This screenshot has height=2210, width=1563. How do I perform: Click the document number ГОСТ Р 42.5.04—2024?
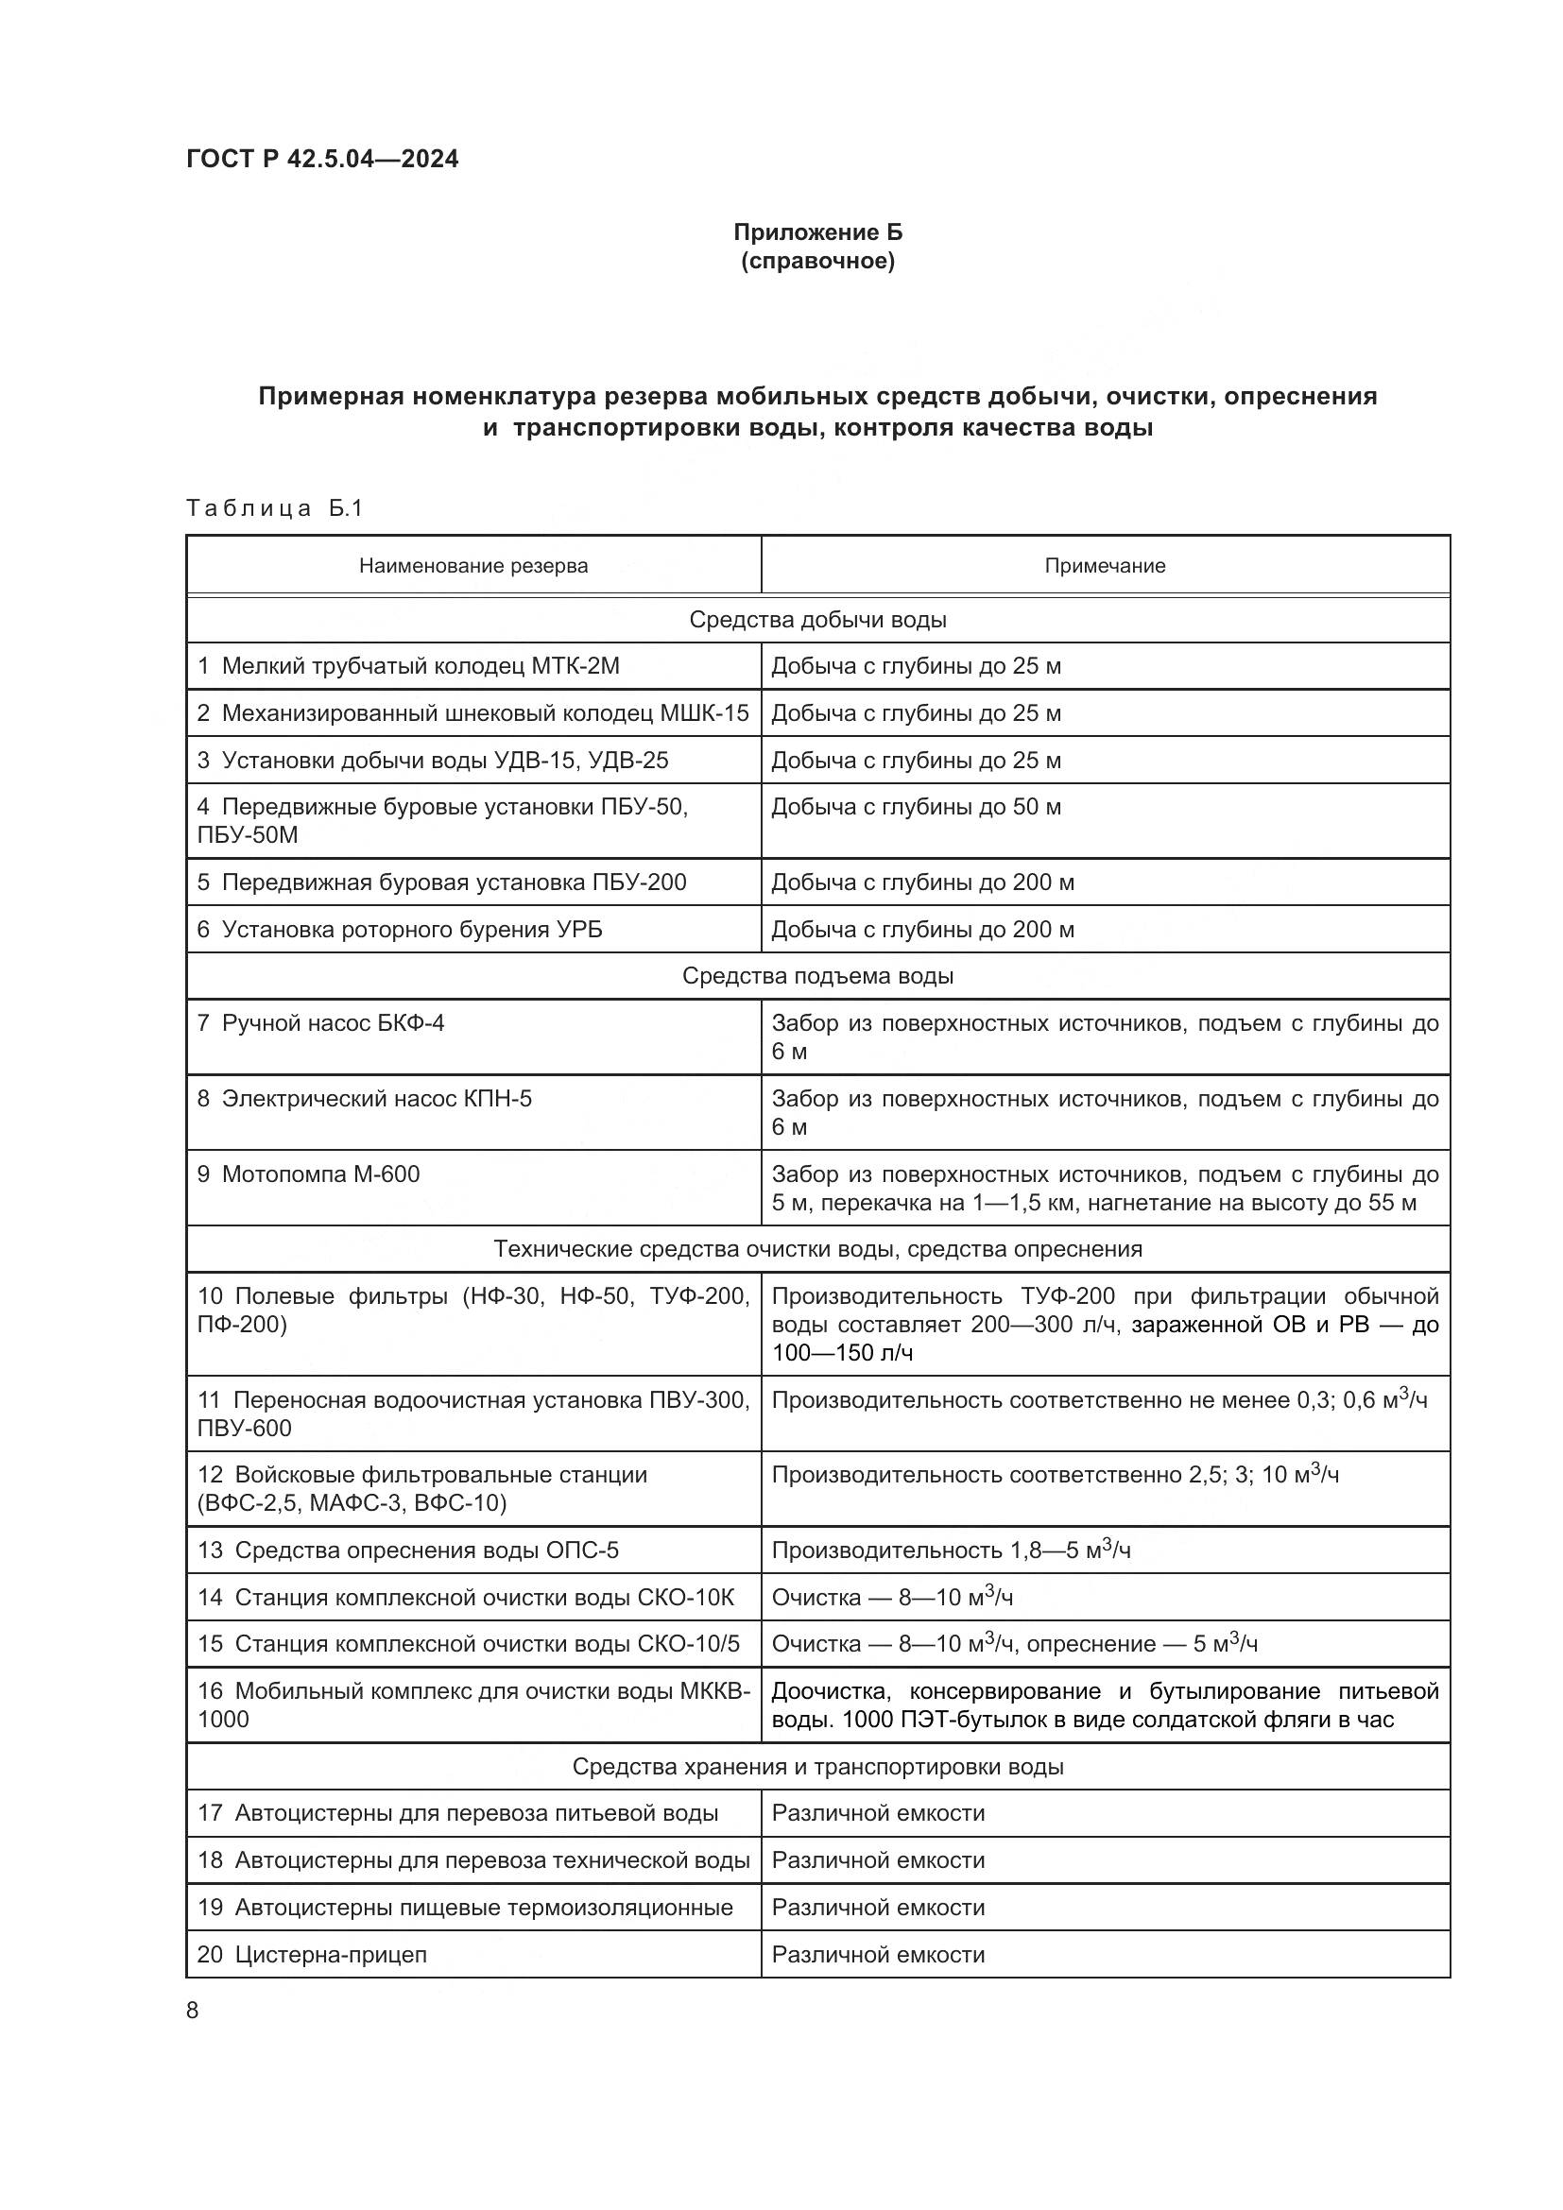[322, 159]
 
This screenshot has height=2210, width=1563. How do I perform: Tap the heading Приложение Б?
[817, 232]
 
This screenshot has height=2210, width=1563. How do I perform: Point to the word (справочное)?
[817, 262]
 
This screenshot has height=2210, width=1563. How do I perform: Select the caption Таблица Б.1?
[274, 507]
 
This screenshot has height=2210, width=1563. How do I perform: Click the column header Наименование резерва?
[472, 566]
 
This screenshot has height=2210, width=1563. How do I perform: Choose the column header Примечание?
[1104, 566]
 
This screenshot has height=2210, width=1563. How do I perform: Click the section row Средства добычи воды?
[817, 620]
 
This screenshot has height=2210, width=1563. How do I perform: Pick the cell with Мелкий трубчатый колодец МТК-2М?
[409, 666]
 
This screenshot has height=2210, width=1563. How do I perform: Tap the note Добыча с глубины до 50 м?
[916, 807]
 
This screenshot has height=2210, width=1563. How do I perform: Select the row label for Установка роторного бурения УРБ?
[401, 929]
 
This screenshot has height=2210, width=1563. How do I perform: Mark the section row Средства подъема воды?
[817, 976]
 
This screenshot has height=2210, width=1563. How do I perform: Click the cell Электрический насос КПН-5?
[365, 1098]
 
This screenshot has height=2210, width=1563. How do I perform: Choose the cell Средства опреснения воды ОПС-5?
[408, 1550]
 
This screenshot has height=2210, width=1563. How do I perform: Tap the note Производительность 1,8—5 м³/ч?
[951, 1550]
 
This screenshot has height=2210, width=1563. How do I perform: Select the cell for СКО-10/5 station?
[469, 1643]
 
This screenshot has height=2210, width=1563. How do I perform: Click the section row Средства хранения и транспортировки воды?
[817, 1766]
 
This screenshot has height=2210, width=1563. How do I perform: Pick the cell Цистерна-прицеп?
[313, 1954]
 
